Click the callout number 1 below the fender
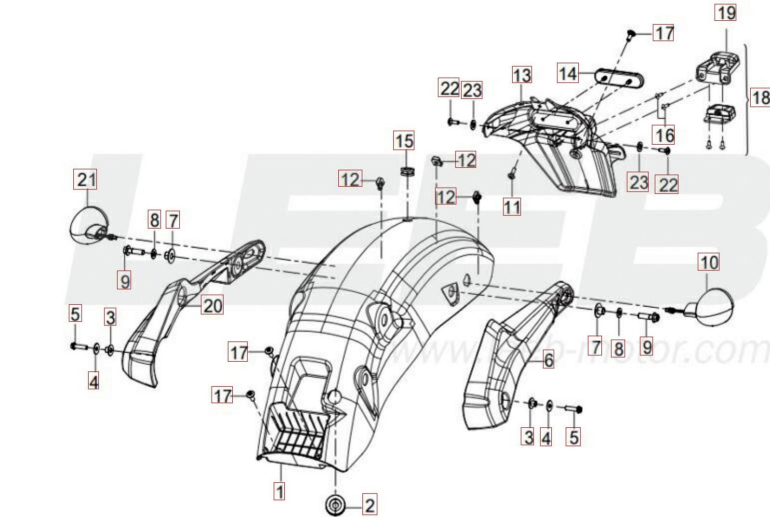pos(279,491)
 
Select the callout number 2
pos(369,505)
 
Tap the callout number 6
pos(548,359)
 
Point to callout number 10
pos(708,262)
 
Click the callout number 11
pos(512,207)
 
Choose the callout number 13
pos(522,75)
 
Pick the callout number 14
pos(568,73)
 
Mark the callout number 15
pos(404,141)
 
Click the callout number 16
pos(664,135)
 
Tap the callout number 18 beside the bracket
pos(760,97)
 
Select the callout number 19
pos(726,13)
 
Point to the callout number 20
pos(212,305)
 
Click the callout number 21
pos(85,179)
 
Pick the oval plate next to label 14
pos(620,79)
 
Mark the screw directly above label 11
pos(511,176)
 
